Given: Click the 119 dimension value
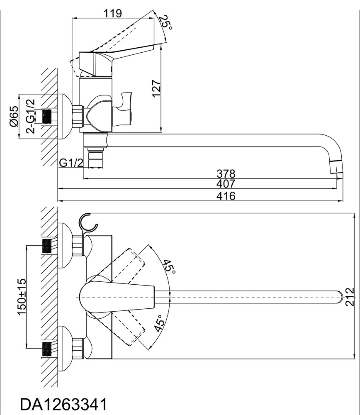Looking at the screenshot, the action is [113, 13].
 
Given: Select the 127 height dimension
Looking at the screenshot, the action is [156, 88].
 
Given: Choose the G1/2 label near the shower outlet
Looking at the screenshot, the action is [71, 163].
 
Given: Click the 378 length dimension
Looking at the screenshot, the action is [226, 173].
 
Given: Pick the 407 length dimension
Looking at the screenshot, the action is [226, 183].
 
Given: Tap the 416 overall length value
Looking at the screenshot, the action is [226, 196].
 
